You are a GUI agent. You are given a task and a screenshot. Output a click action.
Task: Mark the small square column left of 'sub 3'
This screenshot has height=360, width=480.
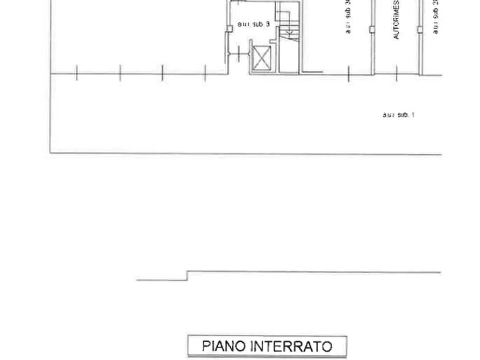(230, 28)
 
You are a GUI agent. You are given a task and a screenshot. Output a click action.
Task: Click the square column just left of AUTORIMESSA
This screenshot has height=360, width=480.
(371, 29)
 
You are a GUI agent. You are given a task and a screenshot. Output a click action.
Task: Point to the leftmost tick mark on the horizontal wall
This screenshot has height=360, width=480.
(77, 74)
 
